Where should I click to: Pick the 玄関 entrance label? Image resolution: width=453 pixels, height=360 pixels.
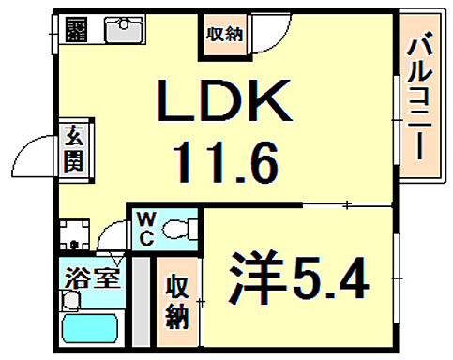pos(72,147)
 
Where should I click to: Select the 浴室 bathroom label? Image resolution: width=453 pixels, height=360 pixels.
pos(92,279)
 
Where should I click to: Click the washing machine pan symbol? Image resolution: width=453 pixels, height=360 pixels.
pos(73,234)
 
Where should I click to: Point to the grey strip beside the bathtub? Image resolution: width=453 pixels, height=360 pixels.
pos(141,300)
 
